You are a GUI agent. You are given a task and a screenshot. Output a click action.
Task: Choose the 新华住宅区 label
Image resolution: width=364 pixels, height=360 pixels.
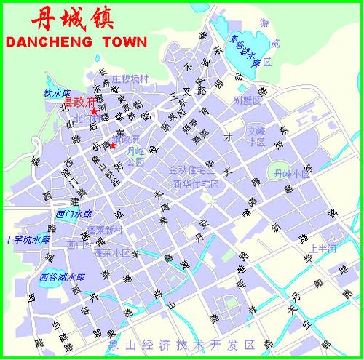point(196,183)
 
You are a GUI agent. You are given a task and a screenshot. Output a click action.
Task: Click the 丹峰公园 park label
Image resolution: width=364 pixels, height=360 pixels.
point(135,156)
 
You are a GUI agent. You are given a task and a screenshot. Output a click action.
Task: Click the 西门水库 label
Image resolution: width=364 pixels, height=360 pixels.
point(74,214)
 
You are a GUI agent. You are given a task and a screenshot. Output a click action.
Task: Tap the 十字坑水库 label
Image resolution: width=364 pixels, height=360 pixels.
point(27,239)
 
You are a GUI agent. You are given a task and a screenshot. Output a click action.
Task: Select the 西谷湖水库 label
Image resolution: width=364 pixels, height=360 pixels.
point(63,277)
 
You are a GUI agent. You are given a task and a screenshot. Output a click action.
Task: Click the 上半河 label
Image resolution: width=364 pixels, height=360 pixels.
point(321,249)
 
